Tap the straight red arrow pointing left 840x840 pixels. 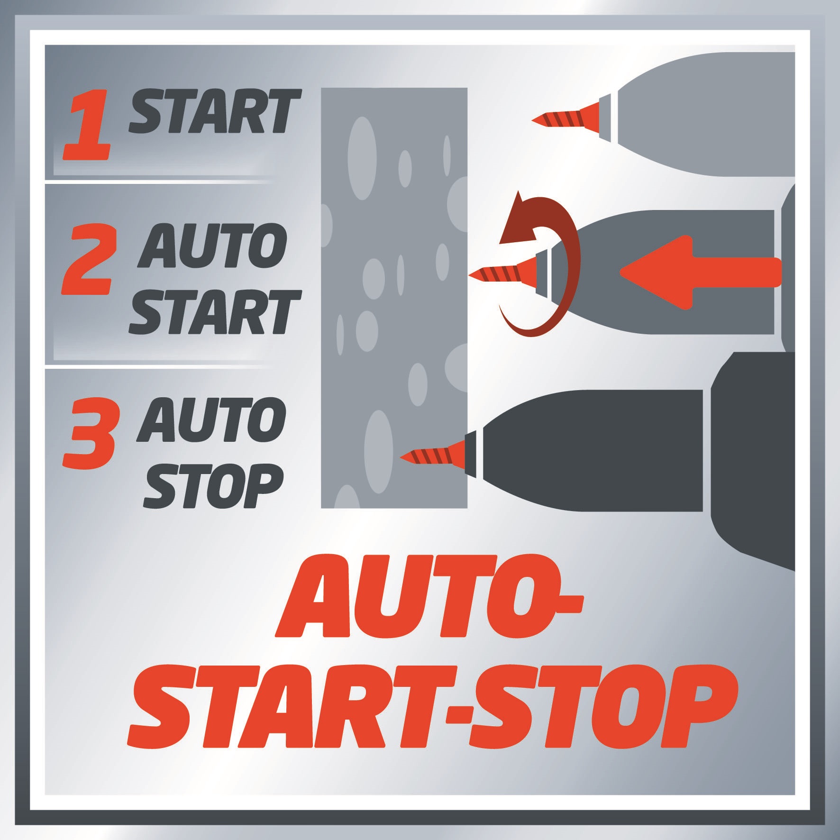699,273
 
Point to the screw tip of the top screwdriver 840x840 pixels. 534,120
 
